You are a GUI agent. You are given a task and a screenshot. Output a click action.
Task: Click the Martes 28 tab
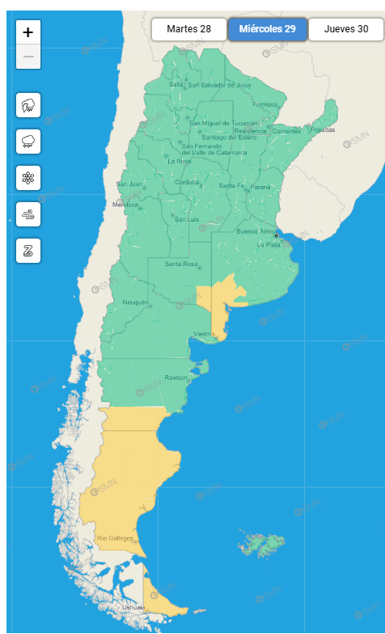[x=188, y=29]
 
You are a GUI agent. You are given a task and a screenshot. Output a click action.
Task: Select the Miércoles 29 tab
[x=267, y=29]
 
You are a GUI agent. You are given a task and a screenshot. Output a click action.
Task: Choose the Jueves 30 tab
[x=346, y=29]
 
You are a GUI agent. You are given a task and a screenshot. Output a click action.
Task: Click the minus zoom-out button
[x=28, y=57]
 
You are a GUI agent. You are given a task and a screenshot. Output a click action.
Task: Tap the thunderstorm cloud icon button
[x=28, y=105]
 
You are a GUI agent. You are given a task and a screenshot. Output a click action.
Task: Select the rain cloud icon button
[x=28, y=142]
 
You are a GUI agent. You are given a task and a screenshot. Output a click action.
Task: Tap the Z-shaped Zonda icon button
[x=28, y=250]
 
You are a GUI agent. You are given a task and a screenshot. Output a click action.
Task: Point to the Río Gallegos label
[x=115, y=538]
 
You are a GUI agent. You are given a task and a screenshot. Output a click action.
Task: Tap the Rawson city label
[x=176, y=378]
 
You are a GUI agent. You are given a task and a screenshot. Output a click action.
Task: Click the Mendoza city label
[x=125, y=205]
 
